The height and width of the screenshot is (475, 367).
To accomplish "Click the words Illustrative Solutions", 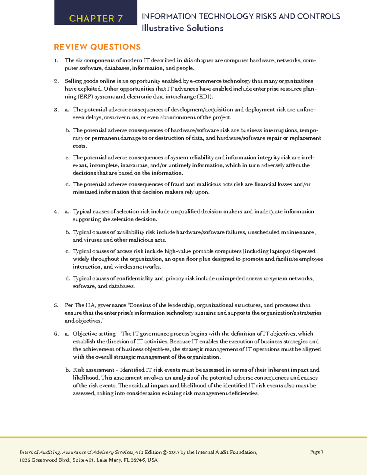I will (x=183, y=28).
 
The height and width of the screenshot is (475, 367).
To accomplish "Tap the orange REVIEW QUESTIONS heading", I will (x=97, y=47).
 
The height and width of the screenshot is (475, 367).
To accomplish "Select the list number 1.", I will (x=56, y=61).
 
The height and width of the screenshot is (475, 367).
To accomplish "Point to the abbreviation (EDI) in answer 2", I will (x=205, y=97).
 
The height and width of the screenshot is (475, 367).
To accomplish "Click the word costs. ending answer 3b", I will (x=80, y=146).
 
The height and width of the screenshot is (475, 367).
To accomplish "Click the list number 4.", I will (x=56, y=212).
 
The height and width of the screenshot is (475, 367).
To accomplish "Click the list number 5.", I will (x=56, y=305).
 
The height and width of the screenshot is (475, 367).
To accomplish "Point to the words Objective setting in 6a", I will (x=94, y=334).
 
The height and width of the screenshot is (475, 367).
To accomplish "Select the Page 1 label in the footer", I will (x=316, y=452).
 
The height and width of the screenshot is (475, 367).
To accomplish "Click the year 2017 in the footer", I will (x=174, y=452).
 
